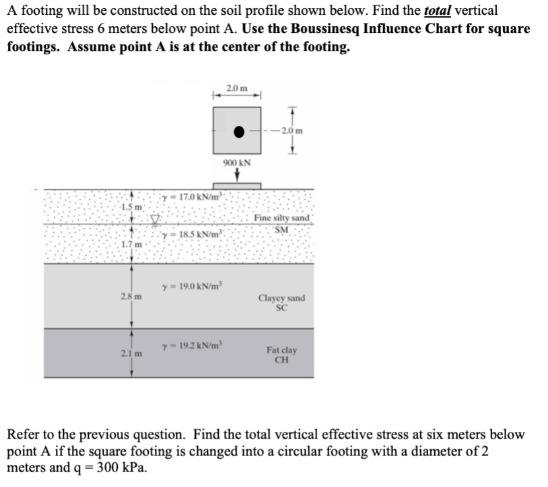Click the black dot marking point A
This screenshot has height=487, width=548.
tap(238, 132)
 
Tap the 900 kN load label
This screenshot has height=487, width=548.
tap(237, 163)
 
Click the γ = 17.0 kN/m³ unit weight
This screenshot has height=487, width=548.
tap(193, 196)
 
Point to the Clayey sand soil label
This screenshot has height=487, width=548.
tap(281, 302)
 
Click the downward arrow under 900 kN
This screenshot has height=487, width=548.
tap(237, 175)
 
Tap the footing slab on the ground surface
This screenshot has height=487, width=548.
tap(237, 185)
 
